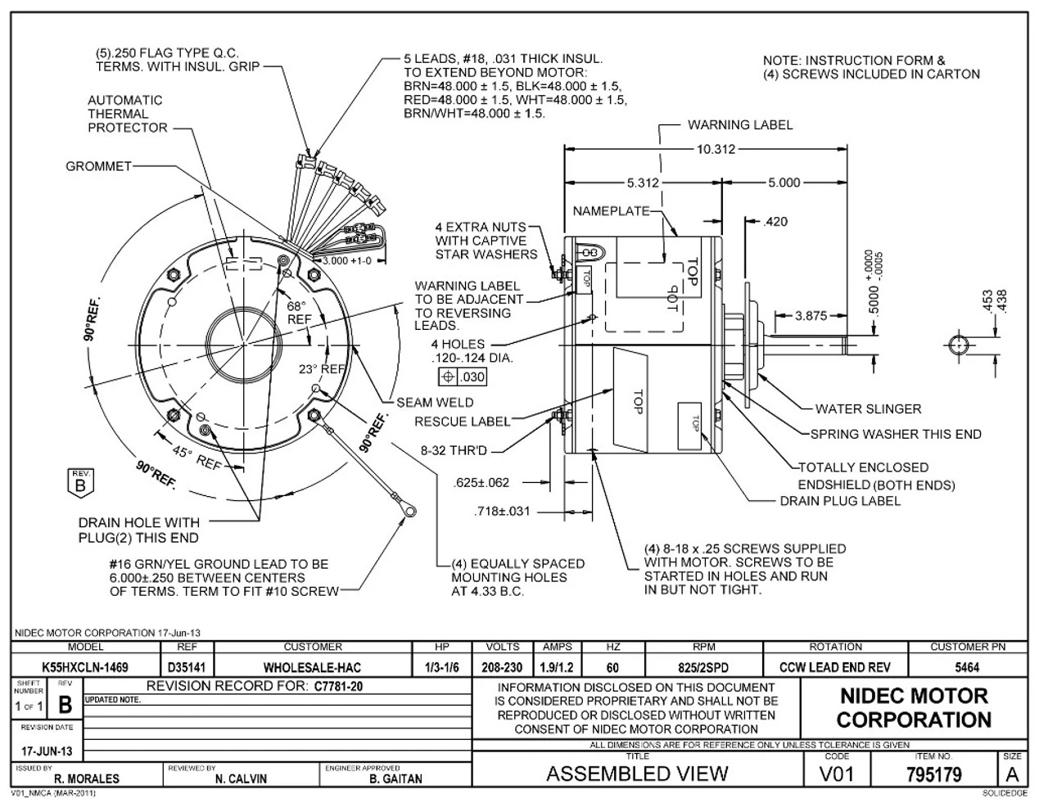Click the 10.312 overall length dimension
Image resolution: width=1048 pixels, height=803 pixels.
click(716, 149)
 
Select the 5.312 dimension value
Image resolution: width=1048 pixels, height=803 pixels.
click(642, 183)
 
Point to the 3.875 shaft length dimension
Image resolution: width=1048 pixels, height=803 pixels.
click(811, 315)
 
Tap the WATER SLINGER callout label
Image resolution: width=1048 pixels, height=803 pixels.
click(868, 408)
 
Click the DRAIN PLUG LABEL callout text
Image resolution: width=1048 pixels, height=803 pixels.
click(839, 500)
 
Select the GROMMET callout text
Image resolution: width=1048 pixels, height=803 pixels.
click(98, 166)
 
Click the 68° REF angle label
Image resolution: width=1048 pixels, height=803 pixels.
click(296, 312)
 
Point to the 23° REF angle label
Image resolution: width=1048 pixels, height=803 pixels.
click(322, 369)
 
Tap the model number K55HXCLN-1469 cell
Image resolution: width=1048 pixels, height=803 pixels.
click(85, 667)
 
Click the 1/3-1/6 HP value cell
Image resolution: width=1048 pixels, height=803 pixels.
click(442, 667)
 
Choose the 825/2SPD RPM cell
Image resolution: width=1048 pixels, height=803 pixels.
click(703, 667)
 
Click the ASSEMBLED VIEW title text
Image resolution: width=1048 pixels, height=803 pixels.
click(636, 774)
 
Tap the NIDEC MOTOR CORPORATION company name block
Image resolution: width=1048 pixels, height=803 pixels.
click(914, 708)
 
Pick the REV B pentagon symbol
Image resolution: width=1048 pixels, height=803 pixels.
click(79, 480)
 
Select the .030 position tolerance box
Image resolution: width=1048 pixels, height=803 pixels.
click(463, 377)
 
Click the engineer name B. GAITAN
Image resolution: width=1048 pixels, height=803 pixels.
click(395, 778)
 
